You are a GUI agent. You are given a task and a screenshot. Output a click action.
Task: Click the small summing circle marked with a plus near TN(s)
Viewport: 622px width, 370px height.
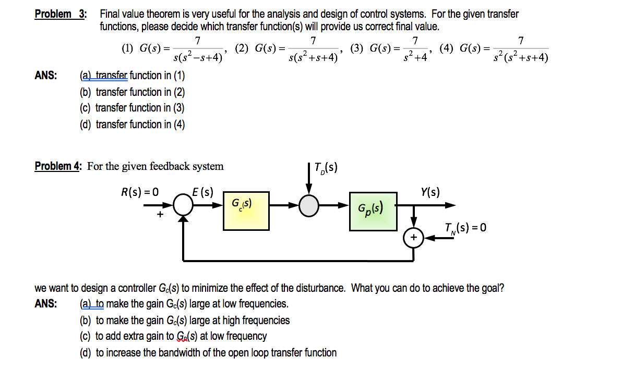coord(414,238)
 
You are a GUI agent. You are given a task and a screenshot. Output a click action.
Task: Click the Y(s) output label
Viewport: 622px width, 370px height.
coord(429,192)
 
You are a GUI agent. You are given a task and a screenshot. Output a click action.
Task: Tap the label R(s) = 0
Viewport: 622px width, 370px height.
coord(139,191)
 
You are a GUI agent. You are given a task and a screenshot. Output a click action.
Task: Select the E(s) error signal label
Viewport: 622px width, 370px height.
coord(202,191)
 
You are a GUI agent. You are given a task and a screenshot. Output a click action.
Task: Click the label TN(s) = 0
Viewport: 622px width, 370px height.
coord(465,228)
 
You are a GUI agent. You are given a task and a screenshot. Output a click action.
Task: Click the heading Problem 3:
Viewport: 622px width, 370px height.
coord(60,14)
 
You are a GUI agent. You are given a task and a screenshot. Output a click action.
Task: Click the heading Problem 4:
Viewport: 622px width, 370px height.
coord(58,166)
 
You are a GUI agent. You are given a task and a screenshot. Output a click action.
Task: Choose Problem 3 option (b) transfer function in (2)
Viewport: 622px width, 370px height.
coord(132,92)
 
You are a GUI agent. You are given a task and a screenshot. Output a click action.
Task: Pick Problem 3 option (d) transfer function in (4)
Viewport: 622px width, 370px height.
coord(132,124)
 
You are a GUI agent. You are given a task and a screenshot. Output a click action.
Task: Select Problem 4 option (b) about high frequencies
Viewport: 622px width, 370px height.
coord(185,320)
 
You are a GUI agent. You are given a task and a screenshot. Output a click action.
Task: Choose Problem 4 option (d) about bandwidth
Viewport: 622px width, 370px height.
coord(208,353)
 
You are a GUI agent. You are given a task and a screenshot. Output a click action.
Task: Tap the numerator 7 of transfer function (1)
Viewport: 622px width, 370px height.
coord(197,41)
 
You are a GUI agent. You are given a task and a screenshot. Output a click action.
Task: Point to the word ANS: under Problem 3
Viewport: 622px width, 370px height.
coord(46,76)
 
